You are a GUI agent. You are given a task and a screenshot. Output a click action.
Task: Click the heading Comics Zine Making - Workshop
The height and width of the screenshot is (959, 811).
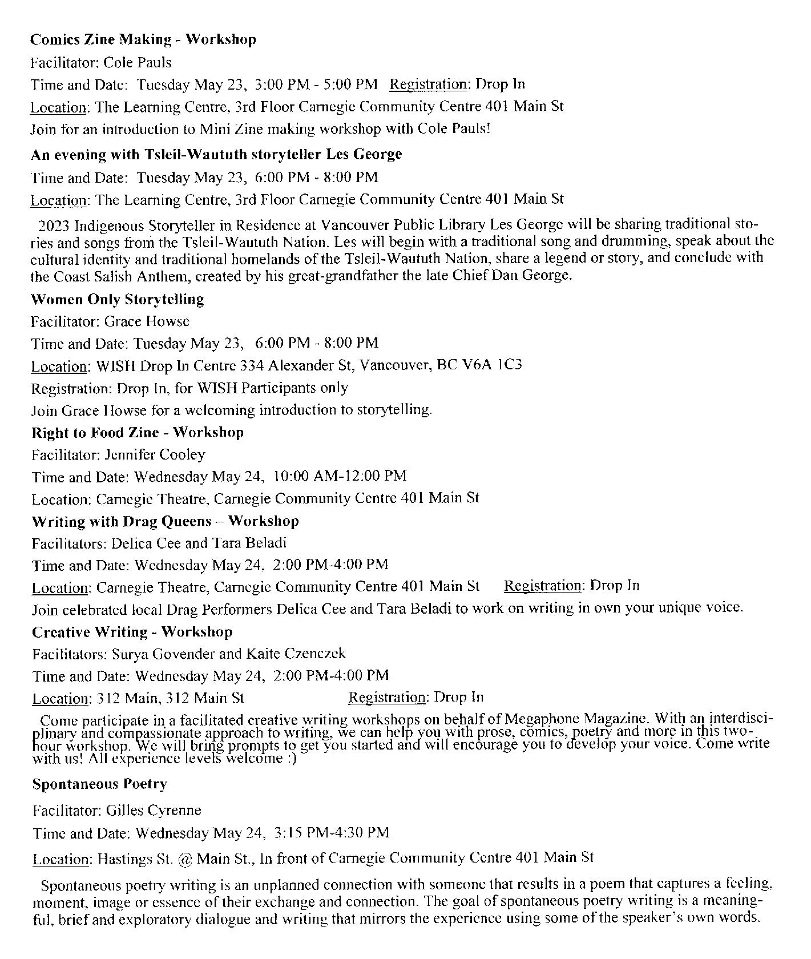pyautogui.click(x=143, y=39)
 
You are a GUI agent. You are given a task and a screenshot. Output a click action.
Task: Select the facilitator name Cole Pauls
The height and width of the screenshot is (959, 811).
pyautogui.click(x=138, y=62)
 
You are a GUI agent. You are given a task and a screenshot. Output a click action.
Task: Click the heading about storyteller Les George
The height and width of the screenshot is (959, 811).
pyautogui.click(x=216, y=154)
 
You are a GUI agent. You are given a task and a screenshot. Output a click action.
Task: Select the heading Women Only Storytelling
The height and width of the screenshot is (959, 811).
pyautogui.click(x=117, y=299)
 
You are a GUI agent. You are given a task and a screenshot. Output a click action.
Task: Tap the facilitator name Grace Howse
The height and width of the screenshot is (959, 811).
pyautogui.click(x=147, y=321)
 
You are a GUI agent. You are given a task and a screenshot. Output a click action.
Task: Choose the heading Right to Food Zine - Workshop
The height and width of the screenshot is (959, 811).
pyautogui.click(x=138, y=432)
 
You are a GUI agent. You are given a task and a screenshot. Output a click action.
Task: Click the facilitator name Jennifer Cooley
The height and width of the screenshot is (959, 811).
pyautogui.click(x=155, y=455)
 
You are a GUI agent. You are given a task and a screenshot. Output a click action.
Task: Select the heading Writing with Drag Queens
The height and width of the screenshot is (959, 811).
pyautogui.click(x=165, y=521)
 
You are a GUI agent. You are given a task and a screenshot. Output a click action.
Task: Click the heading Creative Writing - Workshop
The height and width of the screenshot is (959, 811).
pyautogui.click(x=132, y=632)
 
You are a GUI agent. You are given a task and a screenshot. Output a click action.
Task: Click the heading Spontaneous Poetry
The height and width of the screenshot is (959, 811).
pyautogui.click(x=99, y=784)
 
